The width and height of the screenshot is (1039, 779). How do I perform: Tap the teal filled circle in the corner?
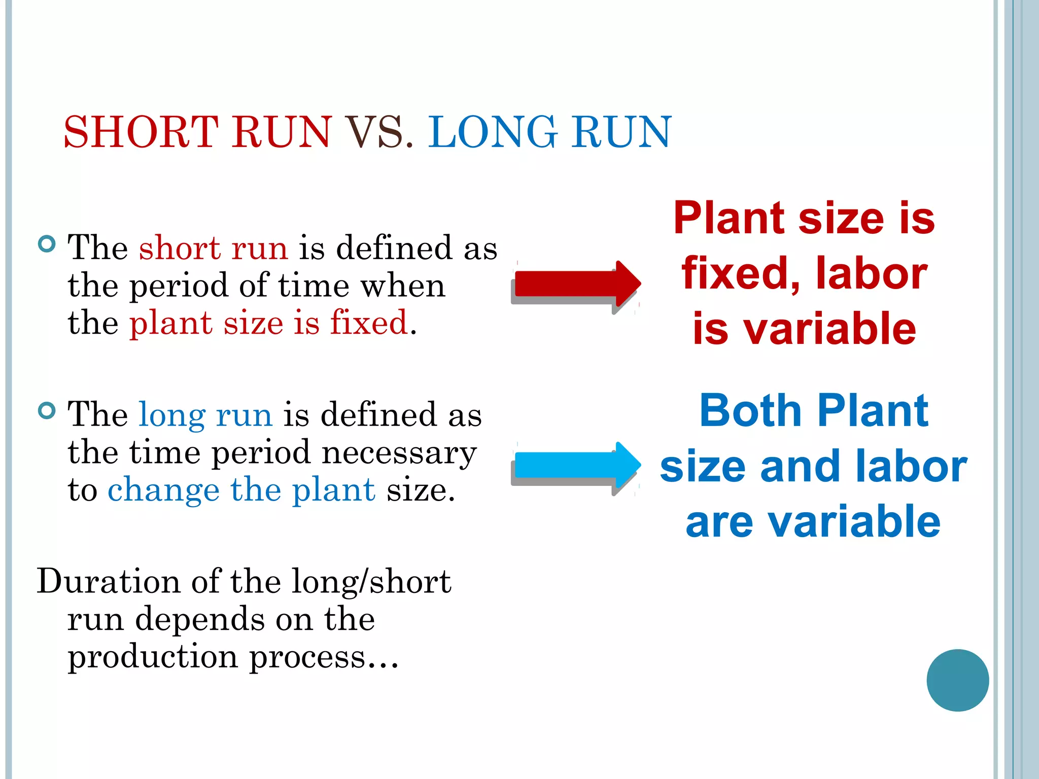point(957,680)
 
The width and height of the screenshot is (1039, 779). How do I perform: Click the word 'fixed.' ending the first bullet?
point(373,323)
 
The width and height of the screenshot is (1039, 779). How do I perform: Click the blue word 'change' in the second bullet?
point(163,490)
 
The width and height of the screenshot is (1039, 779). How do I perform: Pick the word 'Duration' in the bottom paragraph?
point(108,581)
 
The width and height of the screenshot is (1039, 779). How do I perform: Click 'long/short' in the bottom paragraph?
point(371,581)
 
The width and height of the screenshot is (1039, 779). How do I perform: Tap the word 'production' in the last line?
point(153,657)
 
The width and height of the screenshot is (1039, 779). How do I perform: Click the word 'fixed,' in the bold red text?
point(741,274)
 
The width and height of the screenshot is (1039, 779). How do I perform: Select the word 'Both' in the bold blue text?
point(750,410)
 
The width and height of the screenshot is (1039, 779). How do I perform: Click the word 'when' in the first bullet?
point(403,286)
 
